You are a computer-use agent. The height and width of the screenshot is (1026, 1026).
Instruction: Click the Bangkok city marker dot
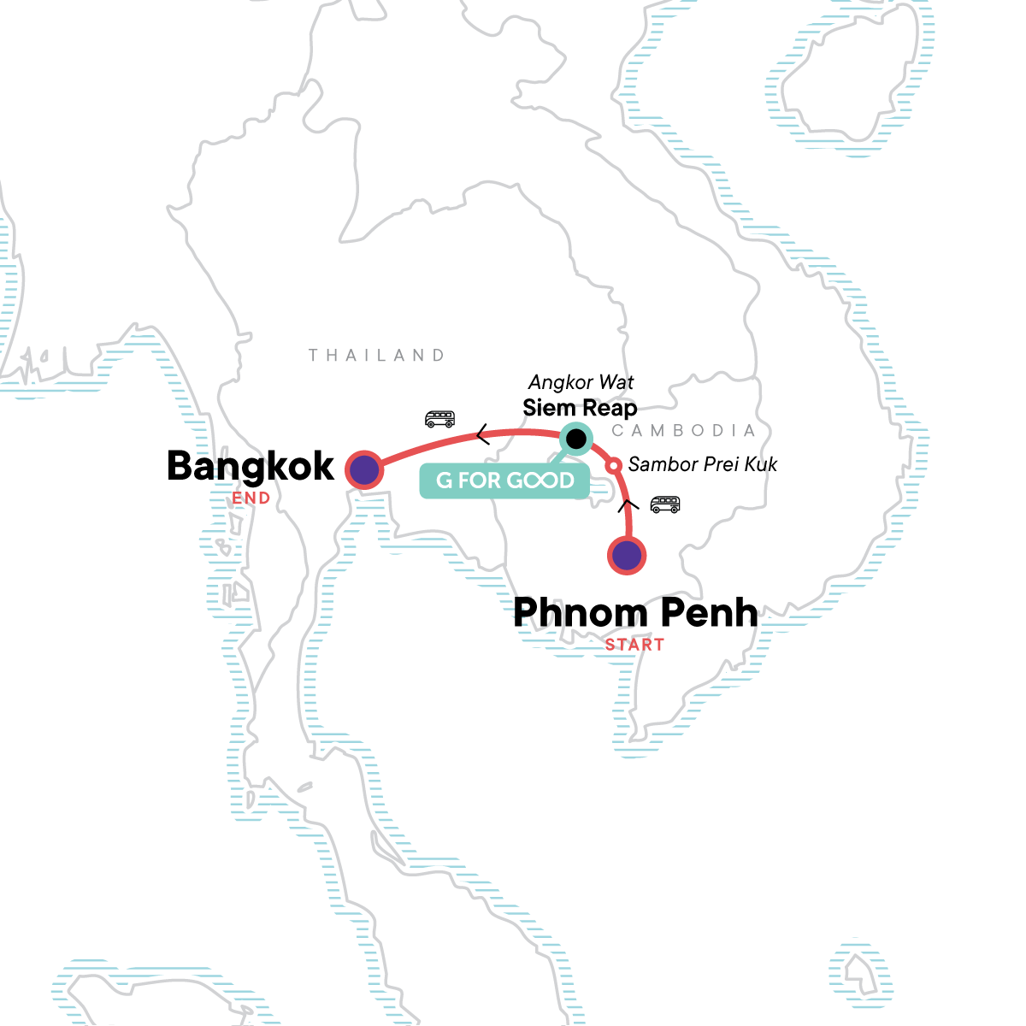(x=363, y=469)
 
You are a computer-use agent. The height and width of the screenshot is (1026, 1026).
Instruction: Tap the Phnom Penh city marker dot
(x=627, y=556)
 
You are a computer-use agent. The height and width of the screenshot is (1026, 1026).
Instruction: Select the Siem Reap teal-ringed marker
(x=576, y=439)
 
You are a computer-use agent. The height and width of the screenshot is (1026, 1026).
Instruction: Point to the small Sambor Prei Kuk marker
(x=613, y=466)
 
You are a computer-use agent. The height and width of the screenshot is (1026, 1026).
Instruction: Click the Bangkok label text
(x=251, y=466)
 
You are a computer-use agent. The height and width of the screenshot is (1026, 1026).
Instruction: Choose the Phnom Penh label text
(x=635, y=613)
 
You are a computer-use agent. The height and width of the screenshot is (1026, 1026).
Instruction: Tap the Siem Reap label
(x=580, y=408)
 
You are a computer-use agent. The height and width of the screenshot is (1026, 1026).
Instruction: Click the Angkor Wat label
(x=581, y=382)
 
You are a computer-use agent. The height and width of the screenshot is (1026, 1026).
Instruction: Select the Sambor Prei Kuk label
(x=703, y=464)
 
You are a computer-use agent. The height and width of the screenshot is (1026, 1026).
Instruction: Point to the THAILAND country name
(x=377, y=355)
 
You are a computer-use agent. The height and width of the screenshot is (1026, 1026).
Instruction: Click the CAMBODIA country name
(x=684, y=430)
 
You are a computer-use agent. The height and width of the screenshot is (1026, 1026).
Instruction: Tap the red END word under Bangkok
(x=251, y=498)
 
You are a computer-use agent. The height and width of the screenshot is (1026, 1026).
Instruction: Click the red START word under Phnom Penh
(x=634, y=645)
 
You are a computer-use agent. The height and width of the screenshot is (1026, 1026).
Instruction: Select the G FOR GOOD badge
(x=505, y=481)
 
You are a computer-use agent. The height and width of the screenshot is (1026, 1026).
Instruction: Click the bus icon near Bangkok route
(x=439, y=419)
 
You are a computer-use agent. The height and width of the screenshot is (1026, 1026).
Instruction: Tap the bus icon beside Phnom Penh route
(x=665, y=504)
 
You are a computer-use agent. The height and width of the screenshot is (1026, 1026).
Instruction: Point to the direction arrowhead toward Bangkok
(x=482, y=436)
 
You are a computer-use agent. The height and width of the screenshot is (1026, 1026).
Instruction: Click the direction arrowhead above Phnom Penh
(x=628, y=504)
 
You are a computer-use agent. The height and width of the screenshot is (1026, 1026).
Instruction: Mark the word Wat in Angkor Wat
(x=616, y=382)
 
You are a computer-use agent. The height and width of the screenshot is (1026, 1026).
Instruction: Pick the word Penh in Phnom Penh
(x=709, y=613)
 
